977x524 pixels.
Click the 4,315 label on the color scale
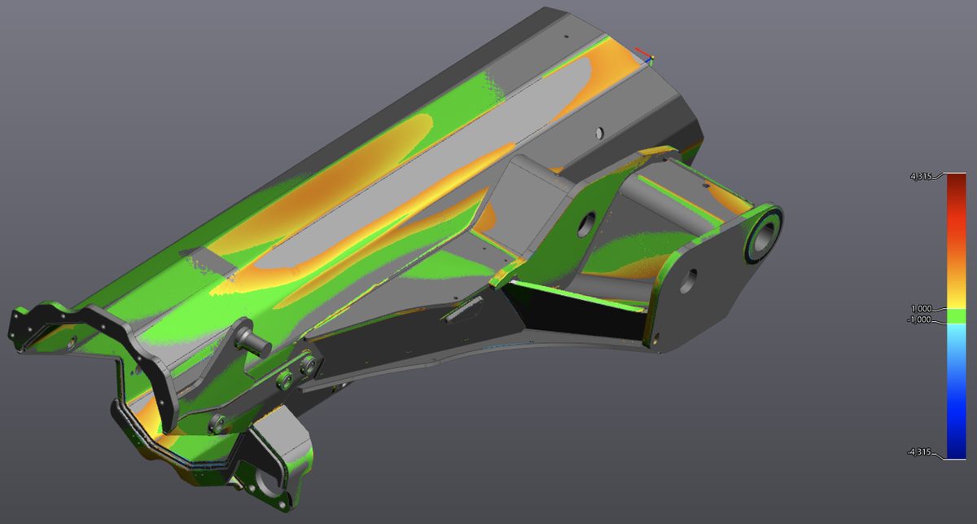tap(923, 176)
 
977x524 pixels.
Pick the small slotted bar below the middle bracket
tap(462, 310)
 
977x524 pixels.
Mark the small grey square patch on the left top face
tap(207, 260)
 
